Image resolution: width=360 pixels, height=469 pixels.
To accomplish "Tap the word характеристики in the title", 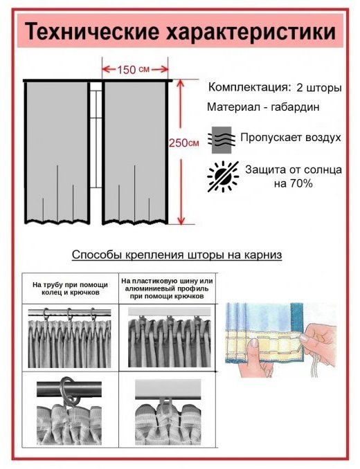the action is pyautogui.click(x=251, y=30).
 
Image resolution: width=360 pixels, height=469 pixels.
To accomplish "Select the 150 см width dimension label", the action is pyautogui.click(x=133, y=70).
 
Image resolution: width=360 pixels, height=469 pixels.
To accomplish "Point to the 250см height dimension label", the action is pyautogui.click(x=183, y=143).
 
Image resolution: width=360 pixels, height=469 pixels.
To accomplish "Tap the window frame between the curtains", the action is pyautogui.click(x=96, y=135).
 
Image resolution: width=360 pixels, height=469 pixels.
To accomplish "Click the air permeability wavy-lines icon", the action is pyautogui.click(x=222, y=140).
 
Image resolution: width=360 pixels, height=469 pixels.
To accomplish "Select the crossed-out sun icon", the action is pyautogui.click(x=223, y=176).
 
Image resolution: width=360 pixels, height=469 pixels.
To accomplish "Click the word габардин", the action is pyautogui.click(x=295, y=107).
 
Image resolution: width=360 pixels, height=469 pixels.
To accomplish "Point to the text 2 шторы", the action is pyautogui.click(x=319, y=88).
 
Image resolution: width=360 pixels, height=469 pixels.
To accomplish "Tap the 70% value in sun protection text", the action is pyautogui.click(x=300, y=183).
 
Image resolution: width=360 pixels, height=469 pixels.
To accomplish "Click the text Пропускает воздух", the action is pyautogui.click(x=291, y=138).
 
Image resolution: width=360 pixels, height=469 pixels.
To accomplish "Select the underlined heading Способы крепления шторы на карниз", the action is pyautogui.click(x=177, y=255).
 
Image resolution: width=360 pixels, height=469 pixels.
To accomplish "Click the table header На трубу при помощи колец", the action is pyautogui.click(x=70, y=288).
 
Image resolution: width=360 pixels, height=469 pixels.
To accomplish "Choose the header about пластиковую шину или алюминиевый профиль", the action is pyautogui.click(x=168, y=288).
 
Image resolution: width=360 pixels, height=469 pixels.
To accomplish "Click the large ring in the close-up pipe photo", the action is pyautogui.click(x=69, y=390).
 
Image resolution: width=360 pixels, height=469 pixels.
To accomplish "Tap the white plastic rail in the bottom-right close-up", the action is pyautogui.click(x=168, y=389).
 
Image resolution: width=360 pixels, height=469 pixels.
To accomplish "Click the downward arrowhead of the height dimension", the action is pyautogui.click(x=181, y=221).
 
